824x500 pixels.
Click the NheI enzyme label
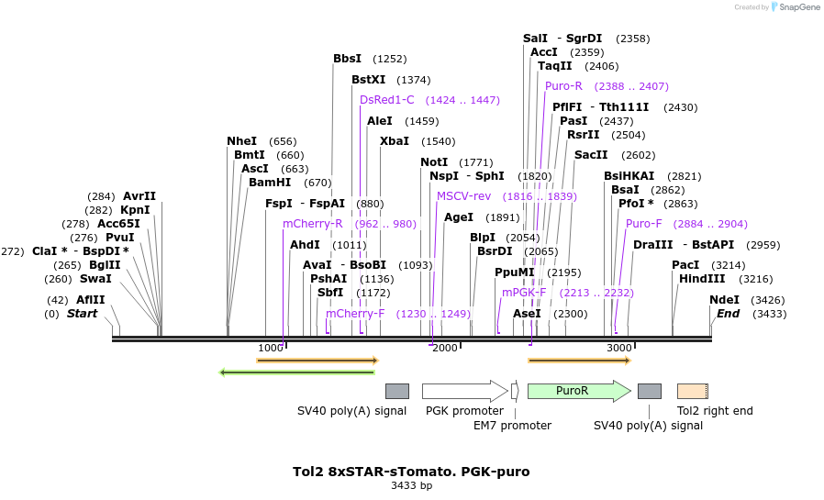point(242,141)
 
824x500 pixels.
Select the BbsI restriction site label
point(347,59)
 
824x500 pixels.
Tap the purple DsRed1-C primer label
point(386,100)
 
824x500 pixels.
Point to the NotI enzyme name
point(434,162)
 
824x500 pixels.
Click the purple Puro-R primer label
point(563,86)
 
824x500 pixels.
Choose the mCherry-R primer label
point(312,224)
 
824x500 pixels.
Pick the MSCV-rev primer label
point(463,196)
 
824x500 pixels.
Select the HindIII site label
point(702,279)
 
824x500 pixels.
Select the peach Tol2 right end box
point(692,391)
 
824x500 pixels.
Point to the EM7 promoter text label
point(512,426)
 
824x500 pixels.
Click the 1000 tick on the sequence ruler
point(271,348)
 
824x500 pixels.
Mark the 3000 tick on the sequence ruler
point(619,348)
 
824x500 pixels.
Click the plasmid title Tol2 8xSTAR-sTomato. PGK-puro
point(411,472)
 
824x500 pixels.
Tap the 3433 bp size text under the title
point(411,486)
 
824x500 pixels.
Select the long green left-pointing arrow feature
point(297,372)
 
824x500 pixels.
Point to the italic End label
point(728,314)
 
